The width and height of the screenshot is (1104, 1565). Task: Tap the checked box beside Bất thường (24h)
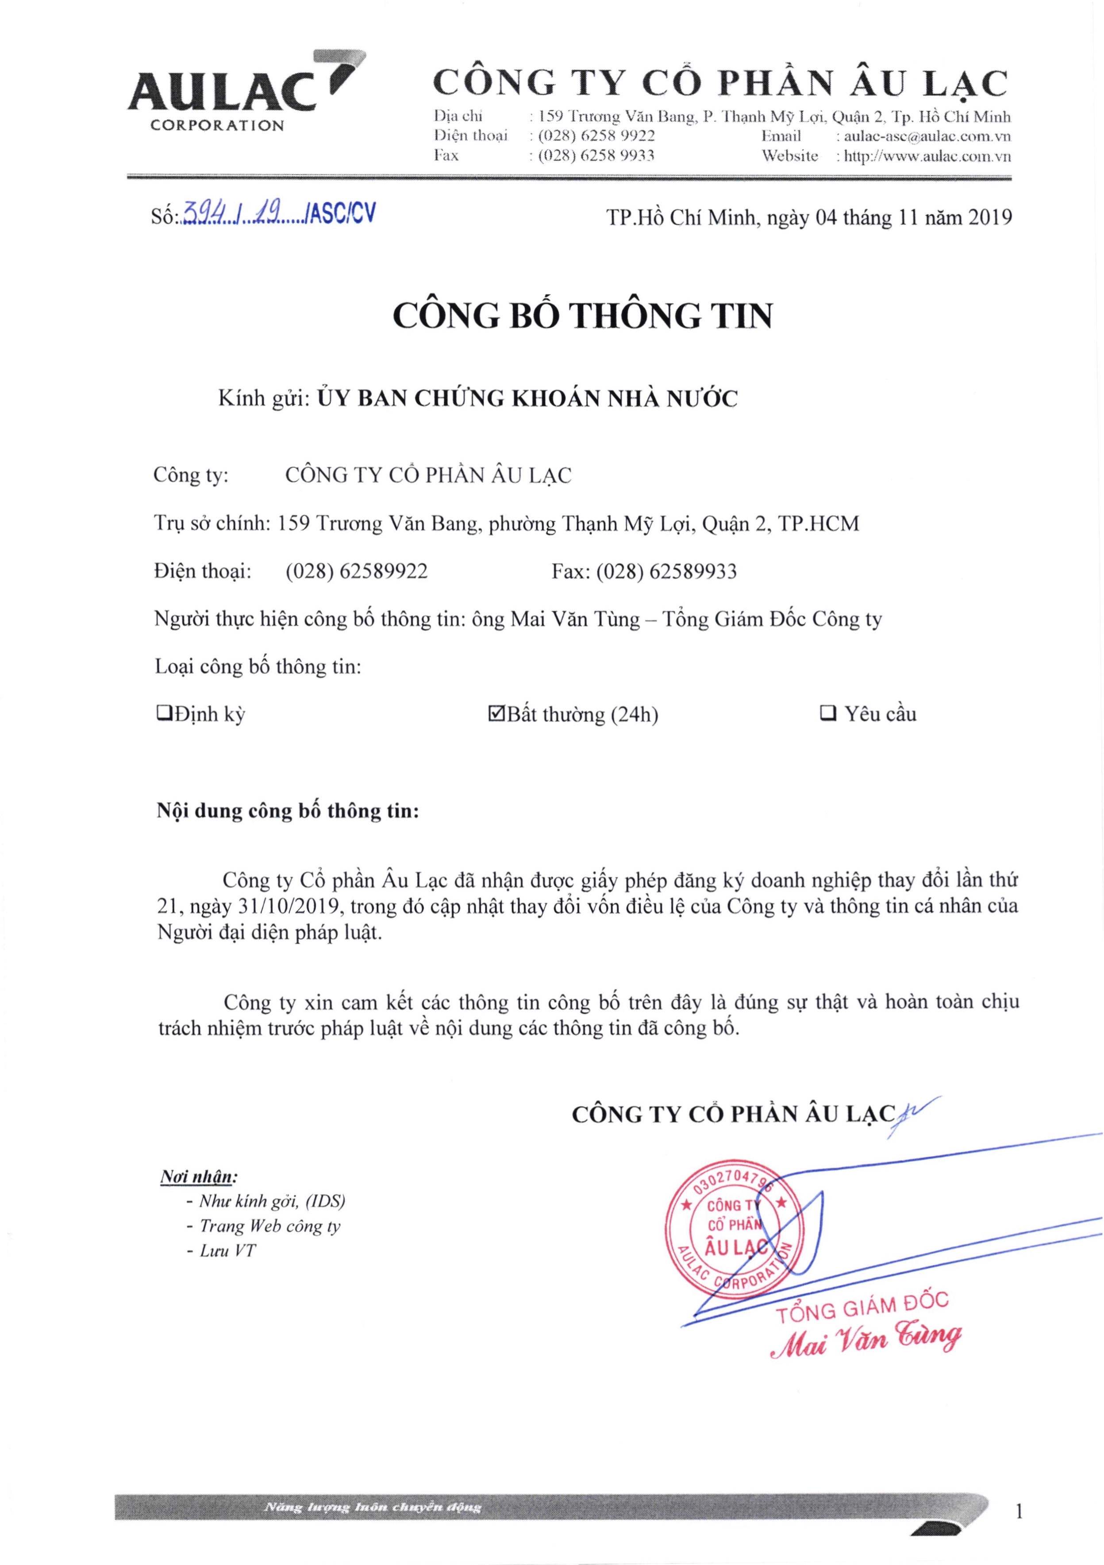coord(496,714)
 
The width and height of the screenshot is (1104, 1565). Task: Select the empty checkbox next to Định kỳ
coord(164,714)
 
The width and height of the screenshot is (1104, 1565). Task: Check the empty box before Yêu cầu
coord(829,714)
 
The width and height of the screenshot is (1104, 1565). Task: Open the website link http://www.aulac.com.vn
coord(927,156)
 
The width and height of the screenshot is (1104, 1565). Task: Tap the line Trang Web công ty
coord(269,1226)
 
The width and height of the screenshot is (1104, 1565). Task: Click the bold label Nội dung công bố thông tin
coord(288,811)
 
